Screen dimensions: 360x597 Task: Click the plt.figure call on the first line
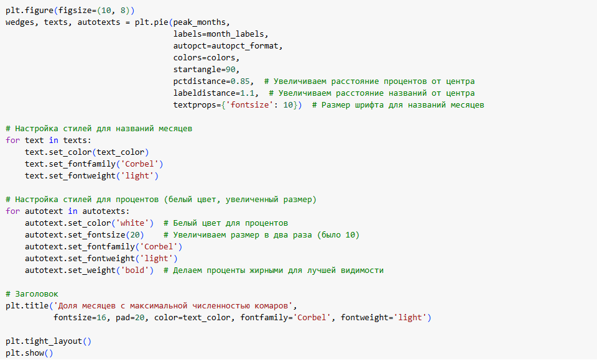pyautogui.click(x=31, y=11)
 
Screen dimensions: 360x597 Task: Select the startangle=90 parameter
pyautogui.click(x=205, y=70)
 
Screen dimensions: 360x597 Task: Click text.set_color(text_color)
pyautogui.click(x=87, y=152)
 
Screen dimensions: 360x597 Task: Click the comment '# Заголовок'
pyautogui.click(x=31, y=294)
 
